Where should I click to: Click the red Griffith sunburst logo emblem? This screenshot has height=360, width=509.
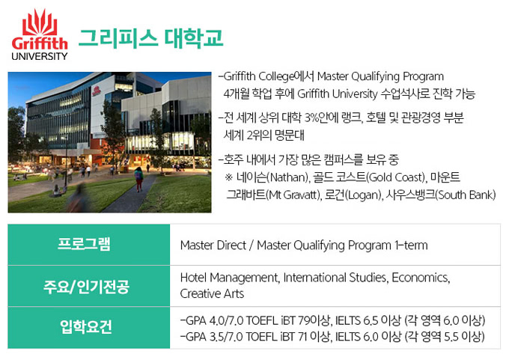pos(40,22)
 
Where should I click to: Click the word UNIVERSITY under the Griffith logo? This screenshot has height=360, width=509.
pos(39,56)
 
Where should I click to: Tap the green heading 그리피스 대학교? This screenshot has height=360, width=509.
pos(150,38)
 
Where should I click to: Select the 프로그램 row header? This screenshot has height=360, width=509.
pos(84,244)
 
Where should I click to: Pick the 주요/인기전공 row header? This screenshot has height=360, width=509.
pos(86,287)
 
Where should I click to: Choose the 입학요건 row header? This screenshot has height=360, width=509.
pos(86,326)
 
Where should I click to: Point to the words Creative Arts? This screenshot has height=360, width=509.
pos(212,293)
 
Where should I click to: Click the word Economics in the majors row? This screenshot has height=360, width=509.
pos(421,278)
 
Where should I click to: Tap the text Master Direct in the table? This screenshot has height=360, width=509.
pos(213,245)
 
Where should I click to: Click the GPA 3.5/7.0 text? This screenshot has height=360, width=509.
pos(211,337)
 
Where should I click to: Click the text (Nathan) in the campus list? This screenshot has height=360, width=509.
pos(287,177)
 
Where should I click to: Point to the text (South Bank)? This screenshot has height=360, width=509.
pos(466,195)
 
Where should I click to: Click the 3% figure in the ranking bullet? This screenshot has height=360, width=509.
pos(311,118)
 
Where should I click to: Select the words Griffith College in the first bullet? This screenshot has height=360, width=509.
pos(259,76)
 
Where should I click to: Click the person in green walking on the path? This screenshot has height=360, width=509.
pos(139,179)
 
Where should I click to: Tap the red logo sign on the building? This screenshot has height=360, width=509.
pos(96,91)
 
